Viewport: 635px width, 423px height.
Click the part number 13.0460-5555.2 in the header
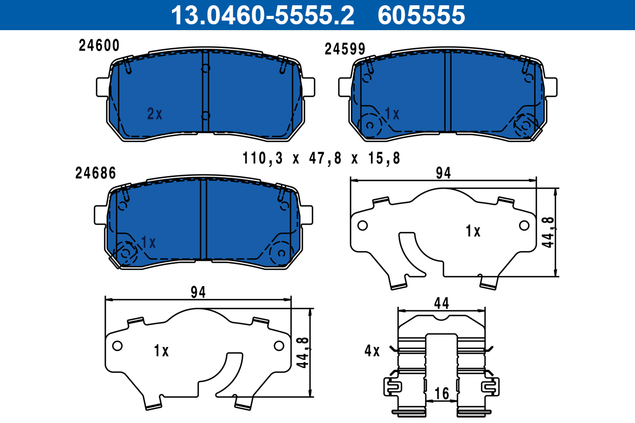pyautogui.click(x=261, y=15)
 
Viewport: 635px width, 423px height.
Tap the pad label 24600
pyautogui.click(x=99, y=45)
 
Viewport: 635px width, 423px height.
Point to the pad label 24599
pyautogui.click(x=344, y=49)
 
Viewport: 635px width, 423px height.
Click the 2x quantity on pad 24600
pyautogui.click(x=155, y=114)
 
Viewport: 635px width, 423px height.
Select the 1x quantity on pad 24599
pyautogui.click(x=392, y=114)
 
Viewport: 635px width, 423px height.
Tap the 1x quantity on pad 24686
pyautogui.click(x=149, y=243)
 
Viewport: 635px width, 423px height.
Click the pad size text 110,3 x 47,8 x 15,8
pyautogui.click(x=321, y=158)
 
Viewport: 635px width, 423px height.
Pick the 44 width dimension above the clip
pyautogui.click(x=441, y=303)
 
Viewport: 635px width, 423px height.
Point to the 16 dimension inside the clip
pyautogui.click(x=442, y=393)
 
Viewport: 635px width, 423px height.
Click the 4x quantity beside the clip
pyautogui.click(x=372, y=351)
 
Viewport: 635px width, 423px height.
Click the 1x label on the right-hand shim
pyautogui.click(x=473, y=231)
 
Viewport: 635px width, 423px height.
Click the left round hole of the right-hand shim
pyautogui.click(x=362, y=226)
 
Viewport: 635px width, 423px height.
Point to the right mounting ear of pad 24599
pyautogui.click(x=550, y=87)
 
